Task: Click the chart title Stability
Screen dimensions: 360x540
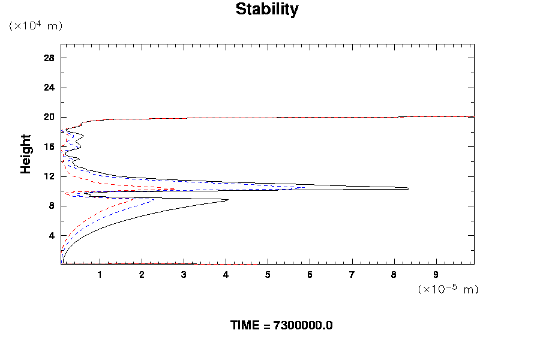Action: click(266, 10)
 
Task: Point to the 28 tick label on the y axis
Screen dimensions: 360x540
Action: click(49, 58)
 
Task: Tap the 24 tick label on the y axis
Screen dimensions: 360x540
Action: click(49, 88)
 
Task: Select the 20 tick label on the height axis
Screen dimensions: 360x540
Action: click(49, 117)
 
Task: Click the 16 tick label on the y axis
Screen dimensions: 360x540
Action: click(49, 146)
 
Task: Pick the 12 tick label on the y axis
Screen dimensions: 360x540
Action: click(49, 176)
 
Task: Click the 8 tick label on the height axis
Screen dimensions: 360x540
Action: click(52, 206)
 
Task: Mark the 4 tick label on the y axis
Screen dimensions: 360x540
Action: click(52, 235)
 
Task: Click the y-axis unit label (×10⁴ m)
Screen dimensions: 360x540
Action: click(35, 26)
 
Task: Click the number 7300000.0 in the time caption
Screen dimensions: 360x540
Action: click(302, 325)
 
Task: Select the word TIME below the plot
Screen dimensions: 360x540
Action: click(244, 325)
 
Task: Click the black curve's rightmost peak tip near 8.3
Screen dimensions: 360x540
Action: click(408, 188)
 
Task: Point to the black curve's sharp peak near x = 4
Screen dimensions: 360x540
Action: click(228, 200)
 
